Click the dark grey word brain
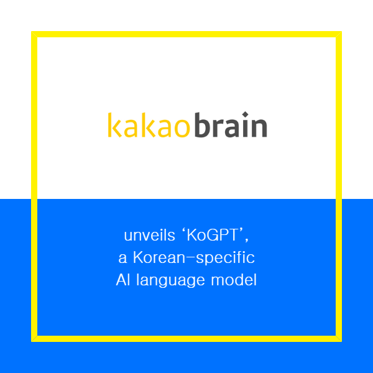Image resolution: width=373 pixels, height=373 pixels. (x=231, y=126)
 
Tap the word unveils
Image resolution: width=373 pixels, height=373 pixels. (x=147, y=236)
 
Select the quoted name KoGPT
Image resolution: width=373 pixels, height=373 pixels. (x=213, y=236)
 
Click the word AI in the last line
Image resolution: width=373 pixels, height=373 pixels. (x=123, y=279)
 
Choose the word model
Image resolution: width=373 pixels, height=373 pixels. (x=236, y=279)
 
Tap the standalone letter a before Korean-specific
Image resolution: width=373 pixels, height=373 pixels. (x=122, y=258)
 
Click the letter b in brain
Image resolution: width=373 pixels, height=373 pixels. (x=201, y=125)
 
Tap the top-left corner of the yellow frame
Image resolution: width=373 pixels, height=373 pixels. (x=34, y=35)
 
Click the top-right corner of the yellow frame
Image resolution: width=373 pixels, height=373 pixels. (x=339, y=35)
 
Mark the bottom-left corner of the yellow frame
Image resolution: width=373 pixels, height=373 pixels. (x=34, y=338)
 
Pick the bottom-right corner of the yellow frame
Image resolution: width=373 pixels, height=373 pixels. (x=339, y=338)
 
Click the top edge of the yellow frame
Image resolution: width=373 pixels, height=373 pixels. (x=186, y=35)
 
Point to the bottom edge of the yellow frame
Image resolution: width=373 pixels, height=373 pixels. (x=186, y=338)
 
